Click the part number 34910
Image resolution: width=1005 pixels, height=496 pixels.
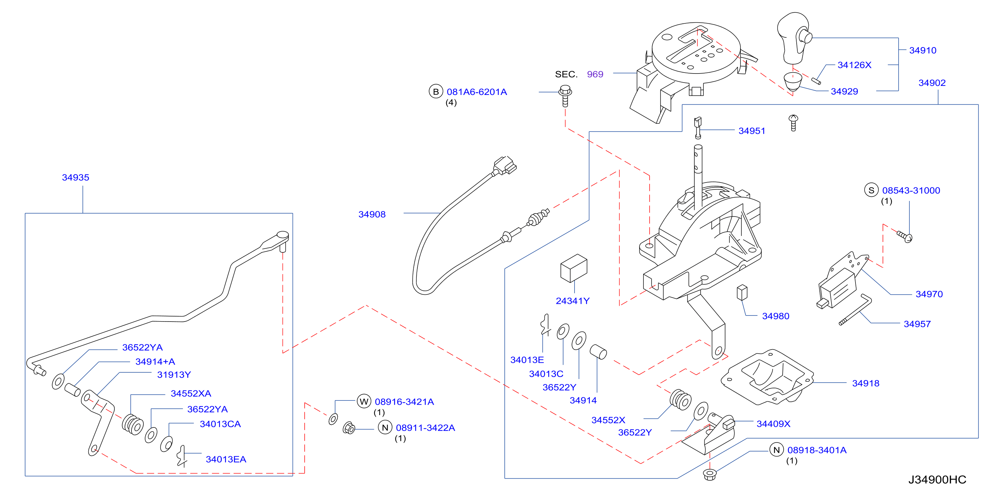tap(922, 50)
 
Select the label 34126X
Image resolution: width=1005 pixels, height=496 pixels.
tap(854, 65)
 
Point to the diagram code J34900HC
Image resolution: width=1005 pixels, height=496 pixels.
tap(937, 479)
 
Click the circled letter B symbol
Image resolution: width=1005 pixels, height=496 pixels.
tap(436, 92)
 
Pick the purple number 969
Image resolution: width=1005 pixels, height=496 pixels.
tap(595, 74)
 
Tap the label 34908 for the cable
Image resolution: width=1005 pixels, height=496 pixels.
tap(372, 215)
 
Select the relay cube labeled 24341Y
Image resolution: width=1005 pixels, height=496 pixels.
tap(574, 268)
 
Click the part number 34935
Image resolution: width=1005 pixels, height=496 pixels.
tap(76, 177)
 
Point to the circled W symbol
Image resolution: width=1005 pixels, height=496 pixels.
tap(364, 402)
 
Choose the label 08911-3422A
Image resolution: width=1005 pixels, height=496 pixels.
tap(425, 428)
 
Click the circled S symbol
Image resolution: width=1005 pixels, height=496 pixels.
tap(871, 190)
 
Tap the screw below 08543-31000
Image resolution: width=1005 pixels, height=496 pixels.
tap(905, 236)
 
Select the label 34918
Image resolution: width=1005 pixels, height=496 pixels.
tap(866, 383)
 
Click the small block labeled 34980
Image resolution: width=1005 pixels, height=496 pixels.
tap(742, 292)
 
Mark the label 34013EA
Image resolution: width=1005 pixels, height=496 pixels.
tap(226, 459)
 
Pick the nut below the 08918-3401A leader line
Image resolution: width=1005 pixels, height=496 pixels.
tap(710, 475)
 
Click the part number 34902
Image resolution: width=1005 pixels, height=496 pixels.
tap(932, 83)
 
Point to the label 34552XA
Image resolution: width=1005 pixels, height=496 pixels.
tap(191, 393)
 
